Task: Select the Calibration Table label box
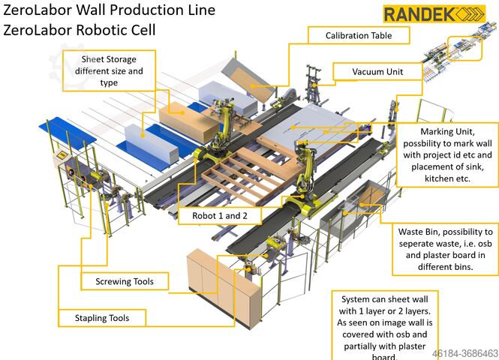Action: pos(358,35)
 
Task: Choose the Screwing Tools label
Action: pos(125,282)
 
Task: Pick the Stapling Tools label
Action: pos(101,318)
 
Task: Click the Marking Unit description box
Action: pos(446,153)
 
